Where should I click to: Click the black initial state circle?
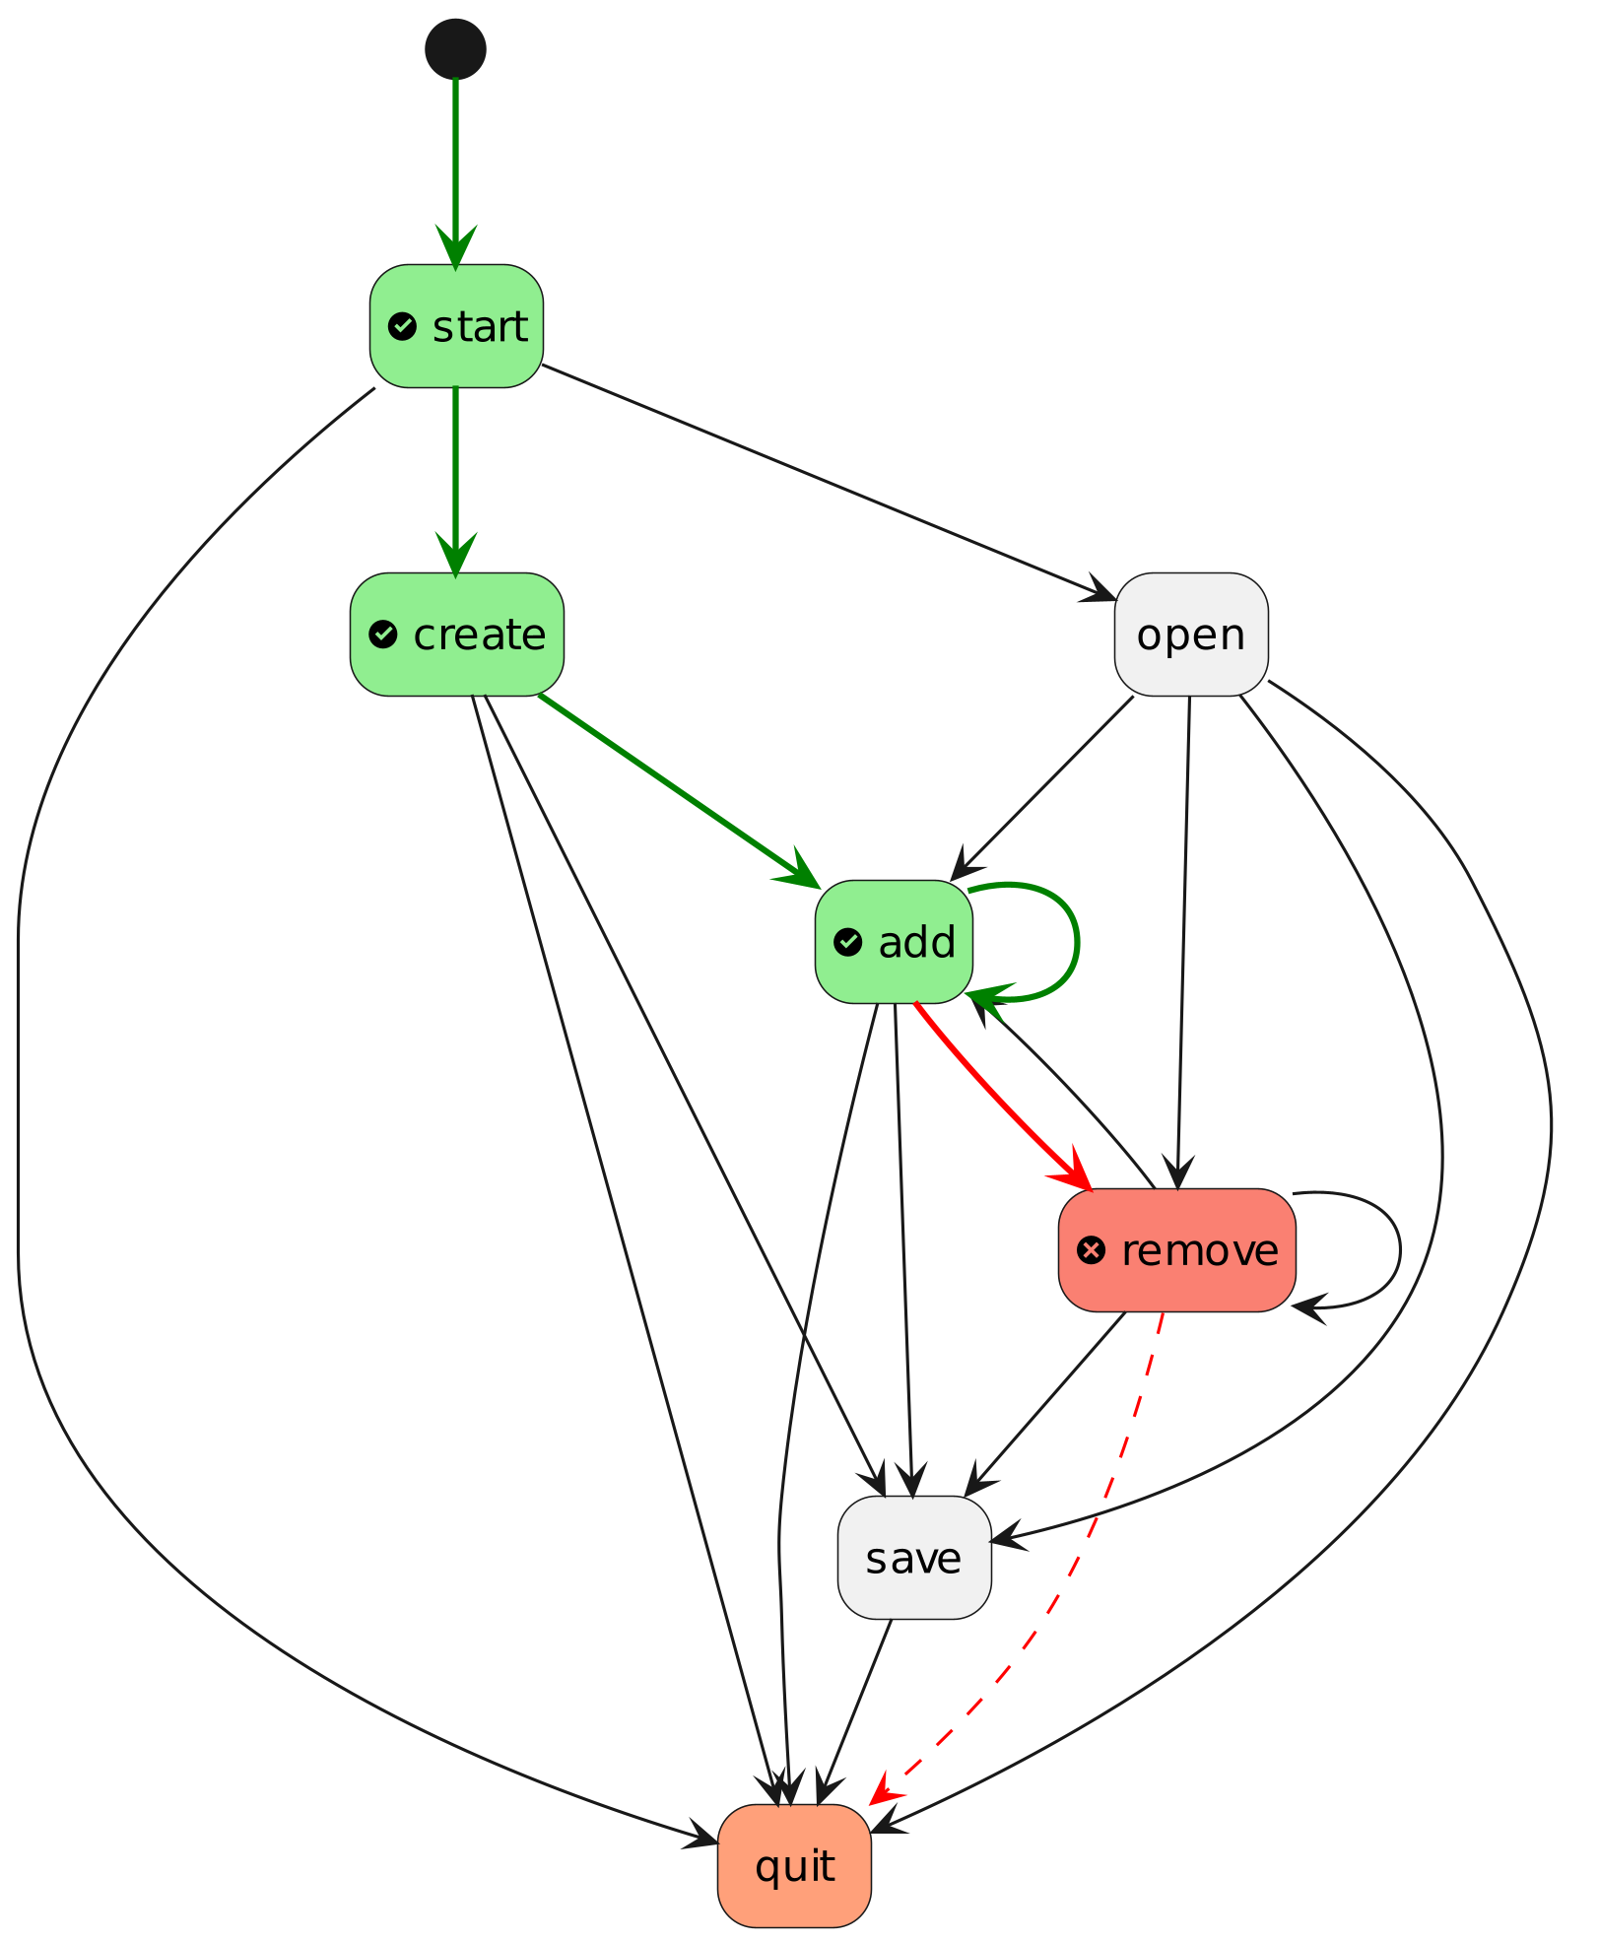455,48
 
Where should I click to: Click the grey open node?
1190,635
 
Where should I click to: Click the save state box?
913,1558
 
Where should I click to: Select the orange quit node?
794,1866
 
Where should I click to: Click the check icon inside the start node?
402,326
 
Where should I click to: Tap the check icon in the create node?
382,635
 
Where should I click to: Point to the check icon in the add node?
847,943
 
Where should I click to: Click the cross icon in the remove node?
1091,1251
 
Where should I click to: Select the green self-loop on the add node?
1078,942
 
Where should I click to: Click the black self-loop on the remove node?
1399,1250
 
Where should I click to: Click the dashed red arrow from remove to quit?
1094,1537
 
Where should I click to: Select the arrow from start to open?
828,482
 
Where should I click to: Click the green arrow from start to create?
455,473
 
